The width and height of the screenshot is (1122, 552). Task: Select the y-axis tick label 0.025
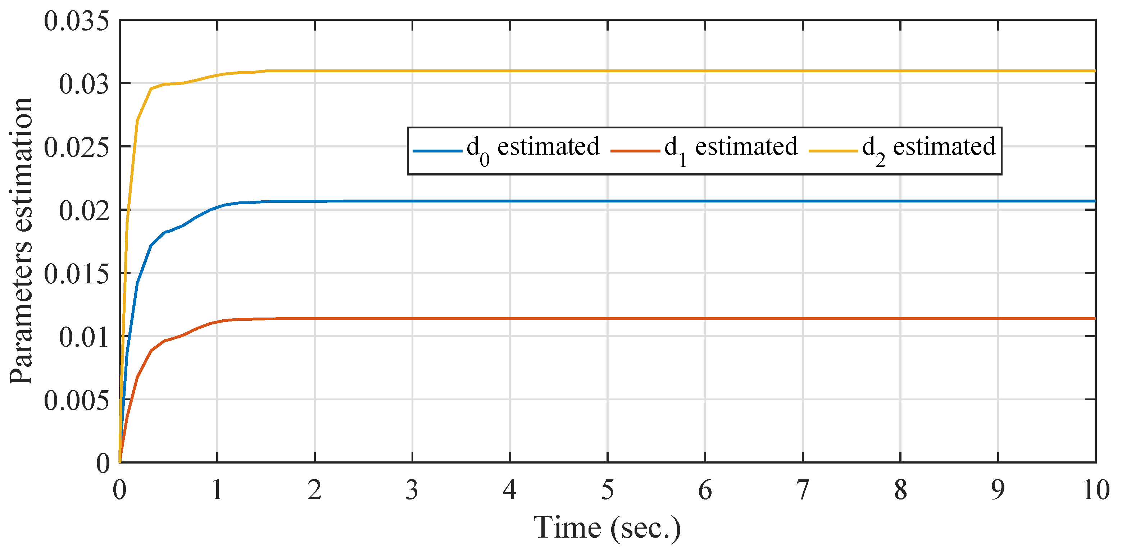[76, 147]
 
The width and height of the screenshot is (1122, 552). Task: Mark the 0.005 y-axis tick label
[76, 400]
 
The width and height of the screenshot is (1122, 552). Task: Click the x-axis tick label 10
[1095, 490]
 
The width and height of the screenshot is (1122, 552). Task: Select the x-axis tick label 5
[608, 490]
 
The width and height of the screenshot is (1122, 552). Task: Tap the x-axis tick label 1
[217, 490]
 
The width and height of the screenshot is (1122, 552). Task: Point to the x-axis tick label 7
[802, 490]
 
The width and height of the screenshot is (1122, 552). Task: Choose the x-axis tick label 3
[412, 490]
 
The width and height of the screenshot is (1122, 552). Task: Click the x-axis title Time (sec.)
[607, 528]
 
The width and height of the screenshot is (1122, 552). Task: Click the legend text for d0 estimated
[533, 148]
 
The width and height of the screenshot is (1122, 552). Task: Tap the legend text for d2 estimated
[928, 148]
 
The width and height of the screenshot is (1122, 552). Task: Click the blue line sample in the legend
[437, 151]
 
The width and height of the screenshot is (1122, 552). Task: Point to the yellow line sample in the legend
[833, 151]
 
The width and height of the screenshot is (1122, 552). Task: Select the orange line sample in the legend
[635, 151]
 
